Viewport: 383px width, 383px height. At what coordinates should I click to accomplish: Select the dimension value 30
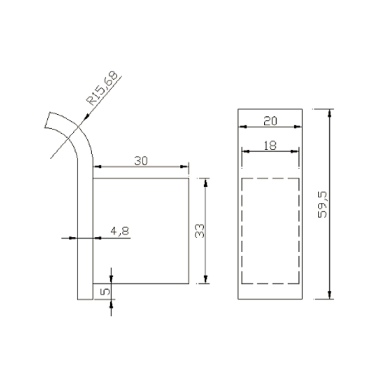[x=141, y=161]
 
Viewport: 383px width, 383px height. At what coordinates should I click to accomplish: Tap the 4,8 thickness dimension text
[x=120, y=231]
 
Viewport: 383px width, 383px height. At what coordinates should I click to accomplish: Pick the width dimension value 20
[x=270, y=121]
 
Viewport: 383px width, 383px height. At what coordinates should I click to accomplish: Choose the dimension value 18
[x=270, y=145]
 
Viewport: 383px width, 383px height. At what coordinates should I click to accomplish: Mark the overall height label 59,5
[x=323, y=204]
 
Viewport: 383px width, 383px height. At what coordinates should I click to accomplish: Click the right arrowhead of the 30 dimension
[x=185, y=167]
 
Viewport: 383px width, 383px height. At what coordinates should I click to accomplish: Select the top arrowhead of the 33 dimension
[x=206, y=182]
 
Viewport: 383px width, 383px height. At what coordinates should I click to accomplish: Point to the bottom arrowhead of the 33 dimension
[x=206, y=279]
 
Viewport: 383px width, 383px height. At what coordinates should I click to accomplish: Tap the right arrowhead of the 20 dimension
[x=299, y=126]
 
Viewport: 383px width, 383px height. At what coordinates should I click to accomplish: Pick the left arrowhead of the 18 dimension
[x=245, y=151]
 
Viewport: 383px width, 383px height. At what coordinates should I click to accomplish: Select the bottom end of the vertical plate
[x=85, y=299]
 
